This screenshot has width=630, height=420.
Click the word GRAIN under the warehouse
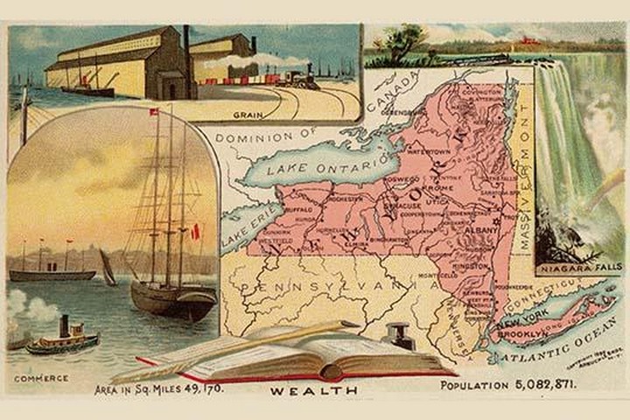[x=248, y=115]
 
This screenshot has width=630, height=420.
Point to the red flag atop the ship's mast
[x=155, y=112]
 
